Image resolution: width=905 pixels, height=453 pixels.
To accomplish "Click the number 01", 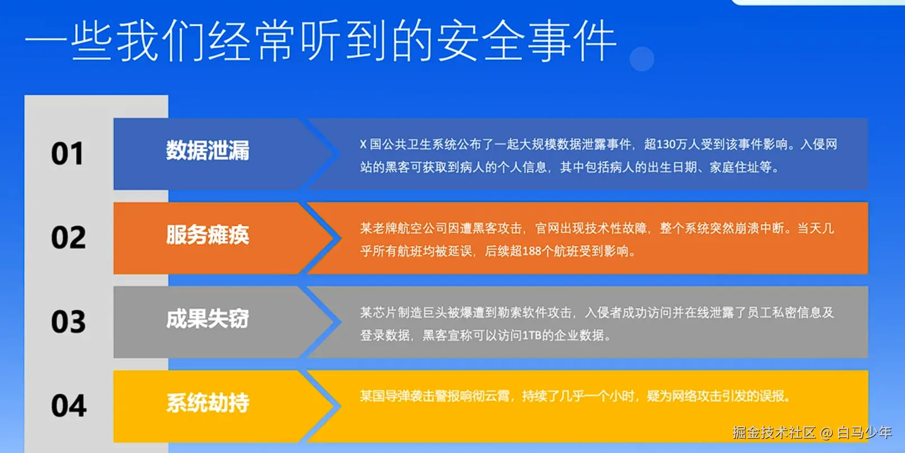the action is tap(68, 153).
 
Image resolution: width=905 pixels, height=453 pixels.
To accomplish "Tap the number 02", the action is tap(68, 237).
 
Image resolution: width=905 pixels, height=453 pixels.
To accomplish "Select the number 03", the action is tap(68, 321).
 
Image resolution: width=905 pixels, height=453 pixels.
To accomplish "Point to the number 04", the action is tap(69, 406).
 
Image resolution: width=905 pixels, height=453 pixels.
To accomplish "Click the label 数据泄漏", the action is tap(208, 150).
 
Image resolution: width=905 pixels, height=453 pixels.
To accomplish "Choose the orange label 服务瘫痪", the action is tap(208, 235).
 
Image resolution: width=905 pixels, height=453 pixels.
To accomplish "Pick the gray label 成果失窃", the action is tap(208, 319).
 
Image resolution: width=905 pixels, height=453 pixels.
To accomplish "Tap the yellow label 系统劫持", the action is tap(208, 403).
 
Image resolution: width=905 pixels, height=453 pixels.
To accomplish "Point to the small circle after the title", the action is tap(641, 59).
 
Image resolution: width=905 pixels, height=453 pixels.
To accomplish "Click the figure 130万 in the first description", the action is tap(668, 144).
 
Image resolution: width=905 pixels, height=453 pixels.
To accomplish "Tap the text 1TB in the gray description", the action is tap(532, 335).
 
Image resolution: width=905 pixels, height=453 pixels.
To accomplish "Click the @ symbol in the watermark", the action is tap(827, 433).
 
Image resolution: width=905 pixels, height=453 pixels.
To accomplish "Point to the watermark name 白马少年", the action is tap(865, 433).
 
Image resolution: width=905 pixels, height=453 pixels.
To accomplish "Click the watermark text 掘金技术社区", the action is tap(774, 433).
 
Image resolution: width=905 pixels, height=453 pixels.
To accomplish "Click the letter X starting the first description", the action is tap(363, 144).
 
